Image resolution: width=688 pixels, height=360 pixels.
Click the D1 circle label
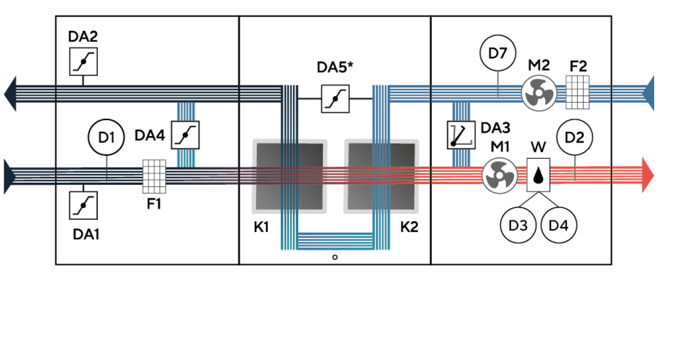[x=106, y=138]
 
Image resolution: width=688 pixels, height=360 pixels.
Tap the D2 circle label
[x=574, y=138]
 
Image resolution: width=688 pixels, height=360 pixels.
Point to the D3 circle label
[x=518, y=226]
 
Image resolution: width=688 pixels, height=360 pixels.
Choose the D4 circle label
[x=558, y=226]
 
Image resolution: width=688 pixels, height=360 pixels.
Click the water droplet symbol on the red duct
[x=538, y=175]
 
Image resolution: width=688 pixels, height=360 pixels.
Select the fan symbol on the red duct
[x=499, y=175]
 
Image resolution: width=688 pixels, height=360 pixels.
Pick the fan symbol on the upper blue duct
[x=538, y=92]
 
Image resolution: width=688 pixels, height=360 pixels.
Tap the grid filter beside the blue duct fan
[x=577, y=92]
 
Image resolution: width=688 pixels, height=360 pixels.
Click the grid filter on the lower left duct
[x=155, y=176]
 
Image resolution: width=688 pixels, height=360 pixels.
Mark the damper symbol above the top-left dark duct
[x=84, y=61]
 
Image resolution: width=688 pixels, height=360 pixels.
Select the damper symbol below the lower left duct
[x=84, y=205]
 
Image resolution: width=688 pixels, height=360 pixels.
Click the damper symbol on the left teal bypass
[x=185, y=135]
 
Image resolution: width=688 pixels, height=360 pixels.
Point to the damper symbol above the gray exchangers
[x=336, y=98]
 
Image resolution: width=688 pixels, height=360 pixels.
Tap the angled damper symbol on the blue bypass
[x=461, y=135]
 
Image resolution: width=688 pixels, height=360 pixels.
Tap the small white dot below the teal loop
[x=335, y=257]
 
